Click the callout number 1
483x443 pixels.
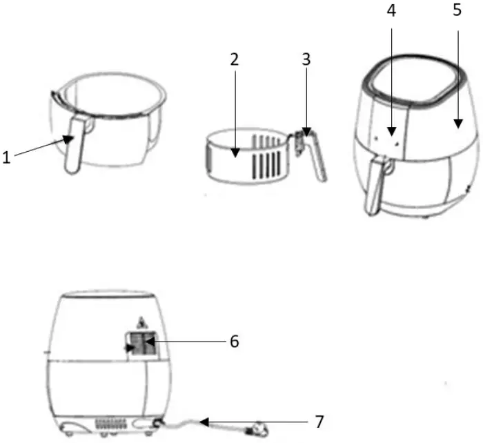click(x=7, y=157)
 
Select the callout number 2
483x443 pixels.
click(x=235, y=59)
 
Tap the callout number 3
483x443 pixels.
click(x=306, y=59)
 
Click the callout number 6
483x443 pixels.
click(x=235, y=342)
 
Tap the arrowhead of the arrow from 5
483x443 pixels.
click(x=457, y=124)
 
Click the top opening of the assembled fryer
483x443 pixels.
click(x=411, y=82)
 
